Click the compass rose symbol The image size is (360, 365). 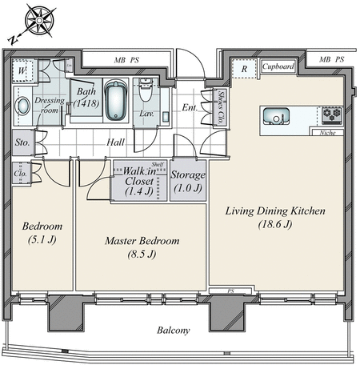click(x=40, y=21)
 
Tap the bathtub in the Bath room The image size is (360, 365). click(x=116, y=100)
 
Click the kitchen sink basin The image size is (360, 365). click(x=276, y=116)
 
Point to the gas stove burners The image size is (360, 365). click(x=332, y=115)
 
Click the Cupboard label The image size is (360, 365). click(x=278, y=66)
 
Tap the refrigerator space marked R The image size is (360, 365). click(x=244, y=69)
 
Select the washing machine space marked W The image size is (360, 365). click(x=23, y=70)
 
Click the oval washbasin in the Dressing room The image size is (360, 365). click(x=23, y=106)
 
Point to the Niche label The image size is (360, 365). click(x=327, y=133)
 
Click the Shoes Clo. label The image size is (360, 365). click(x=221, y=107)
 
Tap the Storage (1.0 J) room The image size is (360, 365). click(x=188, y=181)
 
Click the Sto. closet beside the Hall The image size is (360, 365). click(x=22, y=142)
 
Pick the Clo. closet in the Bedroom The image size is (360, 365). click(x=21, y=173)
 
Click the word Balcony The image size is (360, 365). click(x=174, y=331)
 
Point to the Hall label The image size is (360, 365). click(x=115, y=142)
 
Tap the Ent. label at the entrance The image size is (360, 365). click(x=190, y=107)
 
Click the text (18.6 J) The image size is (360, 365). click(x=275, y=225)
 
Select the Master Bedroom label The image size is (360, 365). click(x=142, y=241)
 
